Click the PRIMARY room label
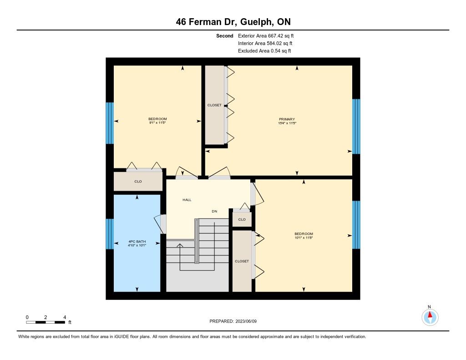(287, 119)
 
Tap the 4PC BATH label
(137, 242)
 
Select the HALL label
(187, 200)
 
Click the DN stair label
(214, 211)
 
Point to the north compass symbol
(430, 317)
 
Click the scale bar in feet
(46, 322)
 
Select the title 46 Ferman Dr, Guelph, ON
(233, 22)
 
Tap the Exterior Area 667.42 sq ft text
(266, 35)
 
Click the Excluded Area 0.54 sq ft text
(264, 51)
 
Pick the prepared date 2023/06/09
(246, 321)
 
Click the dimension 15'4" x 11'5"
(288, 123)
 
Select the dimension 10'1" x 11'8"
(304, 238)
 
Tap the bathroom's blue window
(110, 234)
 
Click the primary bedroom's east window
(356, 127)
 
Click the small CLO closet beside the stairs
(242, 219)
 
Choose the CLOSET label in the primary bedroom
(214, 105)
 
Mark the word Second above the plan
(225, 36)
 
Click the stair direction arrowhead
(179, 246)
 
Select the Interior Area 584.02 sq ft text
(265, 43)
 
